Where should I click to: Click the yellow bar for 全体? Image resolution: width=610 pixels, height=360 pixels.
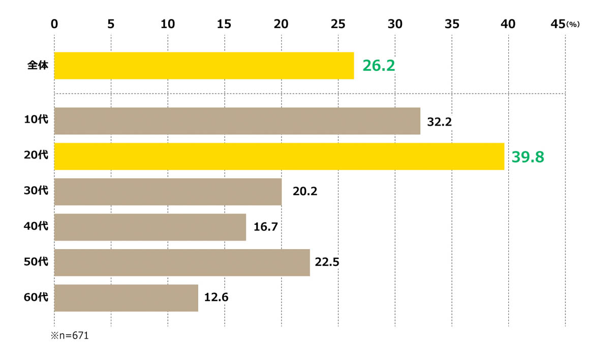point(204,66)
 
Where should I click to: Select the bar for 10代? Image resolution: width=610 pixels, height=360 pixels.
point(237,121)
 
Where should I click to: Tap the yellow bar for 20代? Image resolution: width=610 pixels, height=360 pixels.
point(279,157)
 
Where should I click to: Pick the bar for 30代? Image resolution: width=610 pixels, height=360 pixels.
point(168,192)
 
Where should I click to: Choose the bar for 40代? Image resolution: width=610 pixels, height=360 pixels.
point(150,227)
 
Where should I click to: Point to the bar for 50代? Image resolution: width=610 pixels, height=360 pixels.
point(182,262)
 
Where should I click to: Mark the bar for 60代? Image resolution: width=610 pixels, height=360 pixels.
point(126,297)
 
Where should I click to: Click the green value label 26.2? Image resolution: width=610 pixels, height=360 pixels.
point(379,66)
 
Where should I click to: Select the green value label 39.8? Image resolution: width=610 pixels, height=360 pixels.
point(528,157)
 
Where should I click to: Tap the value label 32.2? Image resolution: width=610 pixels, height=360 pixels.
point(440,122)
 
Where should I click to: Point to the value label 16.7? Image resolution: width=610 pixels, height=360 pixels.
point(265,227)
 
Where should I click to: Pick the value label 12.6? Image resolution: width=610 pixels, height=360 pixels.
point(216,297)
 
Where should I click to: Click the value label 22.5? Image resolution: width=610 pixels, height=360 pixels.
point(327,262)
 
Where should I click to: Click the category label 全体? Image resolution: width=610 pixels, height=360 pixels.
point(38,66)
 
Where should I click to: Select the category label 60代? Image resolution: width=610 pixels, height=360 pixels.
point(36,297)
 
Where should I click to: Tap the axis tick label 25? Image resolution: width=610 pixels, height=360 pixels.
point(338,23)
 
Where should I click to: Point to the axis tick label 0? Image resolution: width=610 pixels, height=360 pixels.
point(55,23)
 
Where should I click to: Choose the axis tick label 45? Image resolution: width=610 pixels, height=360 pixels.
point(558,23)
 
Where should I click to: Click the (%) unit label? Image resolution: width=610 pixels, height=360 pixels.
point(573,24)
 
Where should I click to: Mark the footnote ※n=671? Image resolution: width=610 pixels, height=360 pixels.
point(70,336)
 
